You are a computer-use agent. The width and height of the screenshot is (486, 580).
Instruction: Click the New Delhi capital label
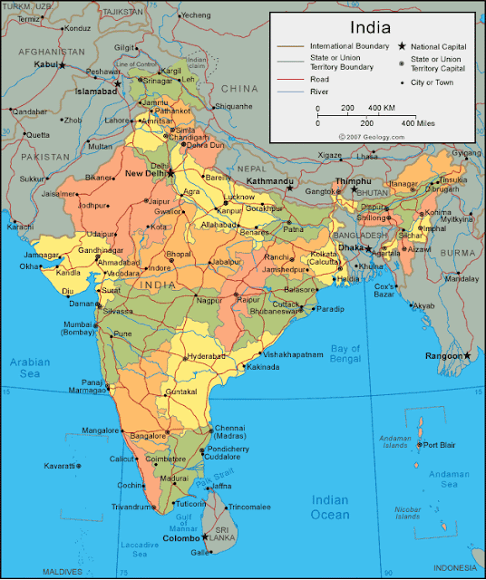[x=145, y=173]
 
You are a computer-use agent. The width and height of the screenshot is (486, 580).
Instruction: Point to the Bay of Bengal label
[x=345, y=354]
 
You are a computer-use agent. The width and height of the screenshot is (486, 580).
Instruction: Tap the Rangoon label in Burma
[x=443, y=356]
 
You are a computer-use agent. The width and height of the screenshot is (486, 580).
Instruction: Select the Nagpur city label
[x=209, y=299]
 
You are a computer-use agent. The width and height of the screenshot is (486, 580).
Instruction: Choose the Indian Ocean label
[x=330, y=507]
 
